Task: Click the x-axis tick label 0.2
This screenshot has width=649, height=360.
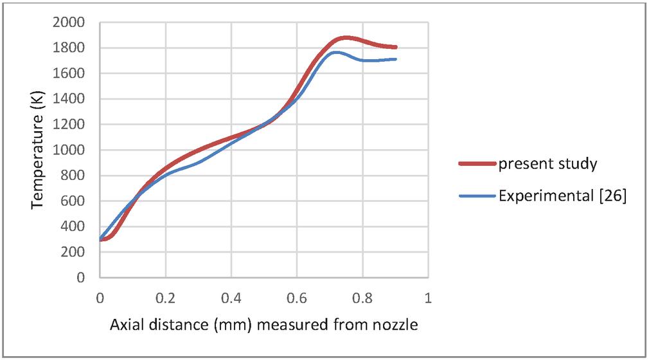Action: [165, 299]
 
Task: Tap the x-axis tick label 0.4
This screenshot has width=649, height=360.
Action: [231, 299]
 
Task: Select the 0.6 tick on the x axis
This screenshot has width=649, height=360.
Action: [296, 299]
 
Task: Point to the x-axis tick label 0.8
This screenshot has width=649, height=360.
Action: [362, 299]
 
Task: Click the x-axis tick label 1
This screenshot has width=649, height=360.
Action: [428, 299]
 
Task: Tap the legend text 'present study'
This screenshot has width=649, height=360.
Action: [548, 164]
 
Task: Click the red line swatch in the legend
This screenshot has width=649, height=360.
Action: [477, 164]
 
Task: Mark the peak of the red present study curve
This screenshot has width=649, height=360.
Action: [347, 38]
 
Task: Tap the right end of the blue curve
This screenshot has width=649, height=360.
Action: [396, 59]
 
